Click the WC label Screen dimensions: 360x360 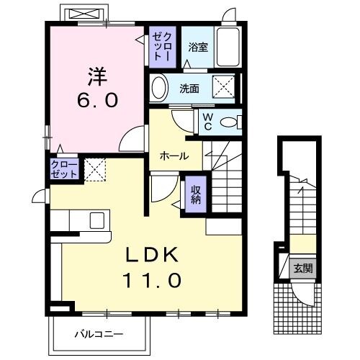(207, 122)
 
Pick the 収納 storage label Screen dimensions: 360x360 (195, 192)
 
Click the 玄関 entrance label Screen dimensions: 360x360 (303, 269)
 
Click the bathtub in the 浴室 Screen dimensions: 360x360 (229, 48)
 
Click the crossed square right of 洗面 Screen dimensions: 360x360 (225, 89)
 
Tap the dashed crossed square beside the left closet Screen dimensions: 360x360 (95, 170)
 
